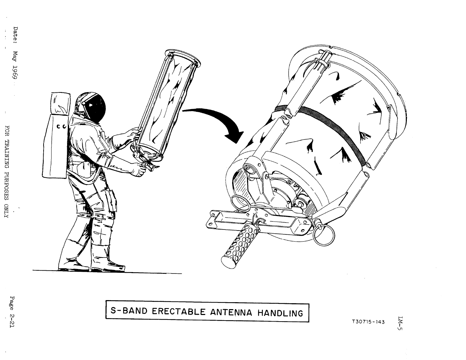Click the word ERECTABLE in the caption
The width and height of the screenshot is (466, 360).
tap(179, 312)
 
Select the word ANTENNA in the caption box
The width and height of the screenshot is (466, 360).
tap(231, 312)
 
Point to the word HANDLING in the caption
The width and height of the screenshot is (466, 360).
tap(280, 313)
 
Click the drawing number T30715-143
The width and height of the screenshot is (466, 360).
tap(368, 322)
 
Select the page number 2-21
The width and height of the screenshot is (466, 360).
tap(12, 318)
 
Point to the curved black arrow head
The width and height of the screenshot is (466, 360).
tap(235, 136)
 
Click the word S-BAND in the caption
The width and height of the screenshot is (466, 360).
tap(129, 311)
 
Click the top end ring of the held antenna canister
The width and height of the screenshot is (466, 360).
tap(183, 57)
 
